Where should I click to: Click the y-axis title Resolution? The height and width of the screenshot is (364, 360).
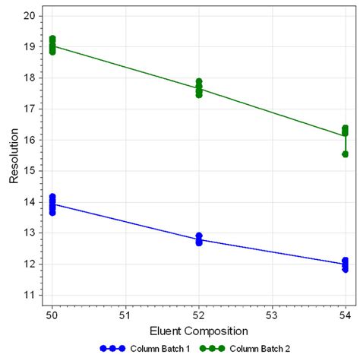(x=14, y=155)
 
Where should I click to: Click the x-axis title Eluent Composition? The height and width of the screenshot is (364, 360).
(x=199, y=331)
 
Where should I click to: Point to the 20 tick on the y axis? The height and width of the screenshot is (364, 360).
(x=28, y=15)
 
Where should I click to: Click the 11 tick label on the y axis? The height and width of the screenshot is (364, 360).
(x=28, y=296)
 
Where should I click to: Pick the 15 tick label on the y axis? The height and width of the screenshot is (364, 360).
(x=28, y=171)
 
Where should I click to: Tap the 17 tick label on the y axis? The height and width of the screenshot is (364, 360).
(x=28, y=109)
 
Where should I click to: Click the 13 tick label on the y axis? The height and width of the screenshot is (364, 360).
(x=28, y=233)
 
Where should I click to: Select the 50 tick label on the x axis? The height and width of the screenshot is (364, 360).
(x=52, y=314)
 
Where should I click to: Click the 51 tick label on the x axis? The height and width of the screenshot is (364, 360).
(x=125, y=314)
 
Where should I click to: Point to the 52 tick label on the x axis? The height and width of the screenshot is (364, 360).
(x=199, y=314)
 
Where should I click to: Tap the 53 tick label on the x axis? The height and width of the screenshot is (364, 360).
(x=272, y=314)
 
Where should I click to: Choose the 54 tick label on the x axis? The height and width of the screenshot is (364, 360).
(x=345, y=314)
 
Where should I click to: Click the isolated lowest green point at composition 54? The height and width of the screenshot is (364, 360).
(x=345, y=154)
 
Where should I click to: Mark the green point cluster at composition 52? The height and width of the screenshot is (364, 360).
(x=199, y=88)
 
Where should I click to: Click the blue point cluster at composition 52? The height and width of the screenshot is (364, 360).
(x=199, y=239)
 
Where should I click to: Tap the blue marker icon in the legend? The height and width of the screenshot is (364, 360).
(x=112, y=349)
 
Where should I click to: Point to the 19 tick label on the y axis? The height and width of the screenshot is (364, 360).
(x=28, y=46)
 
